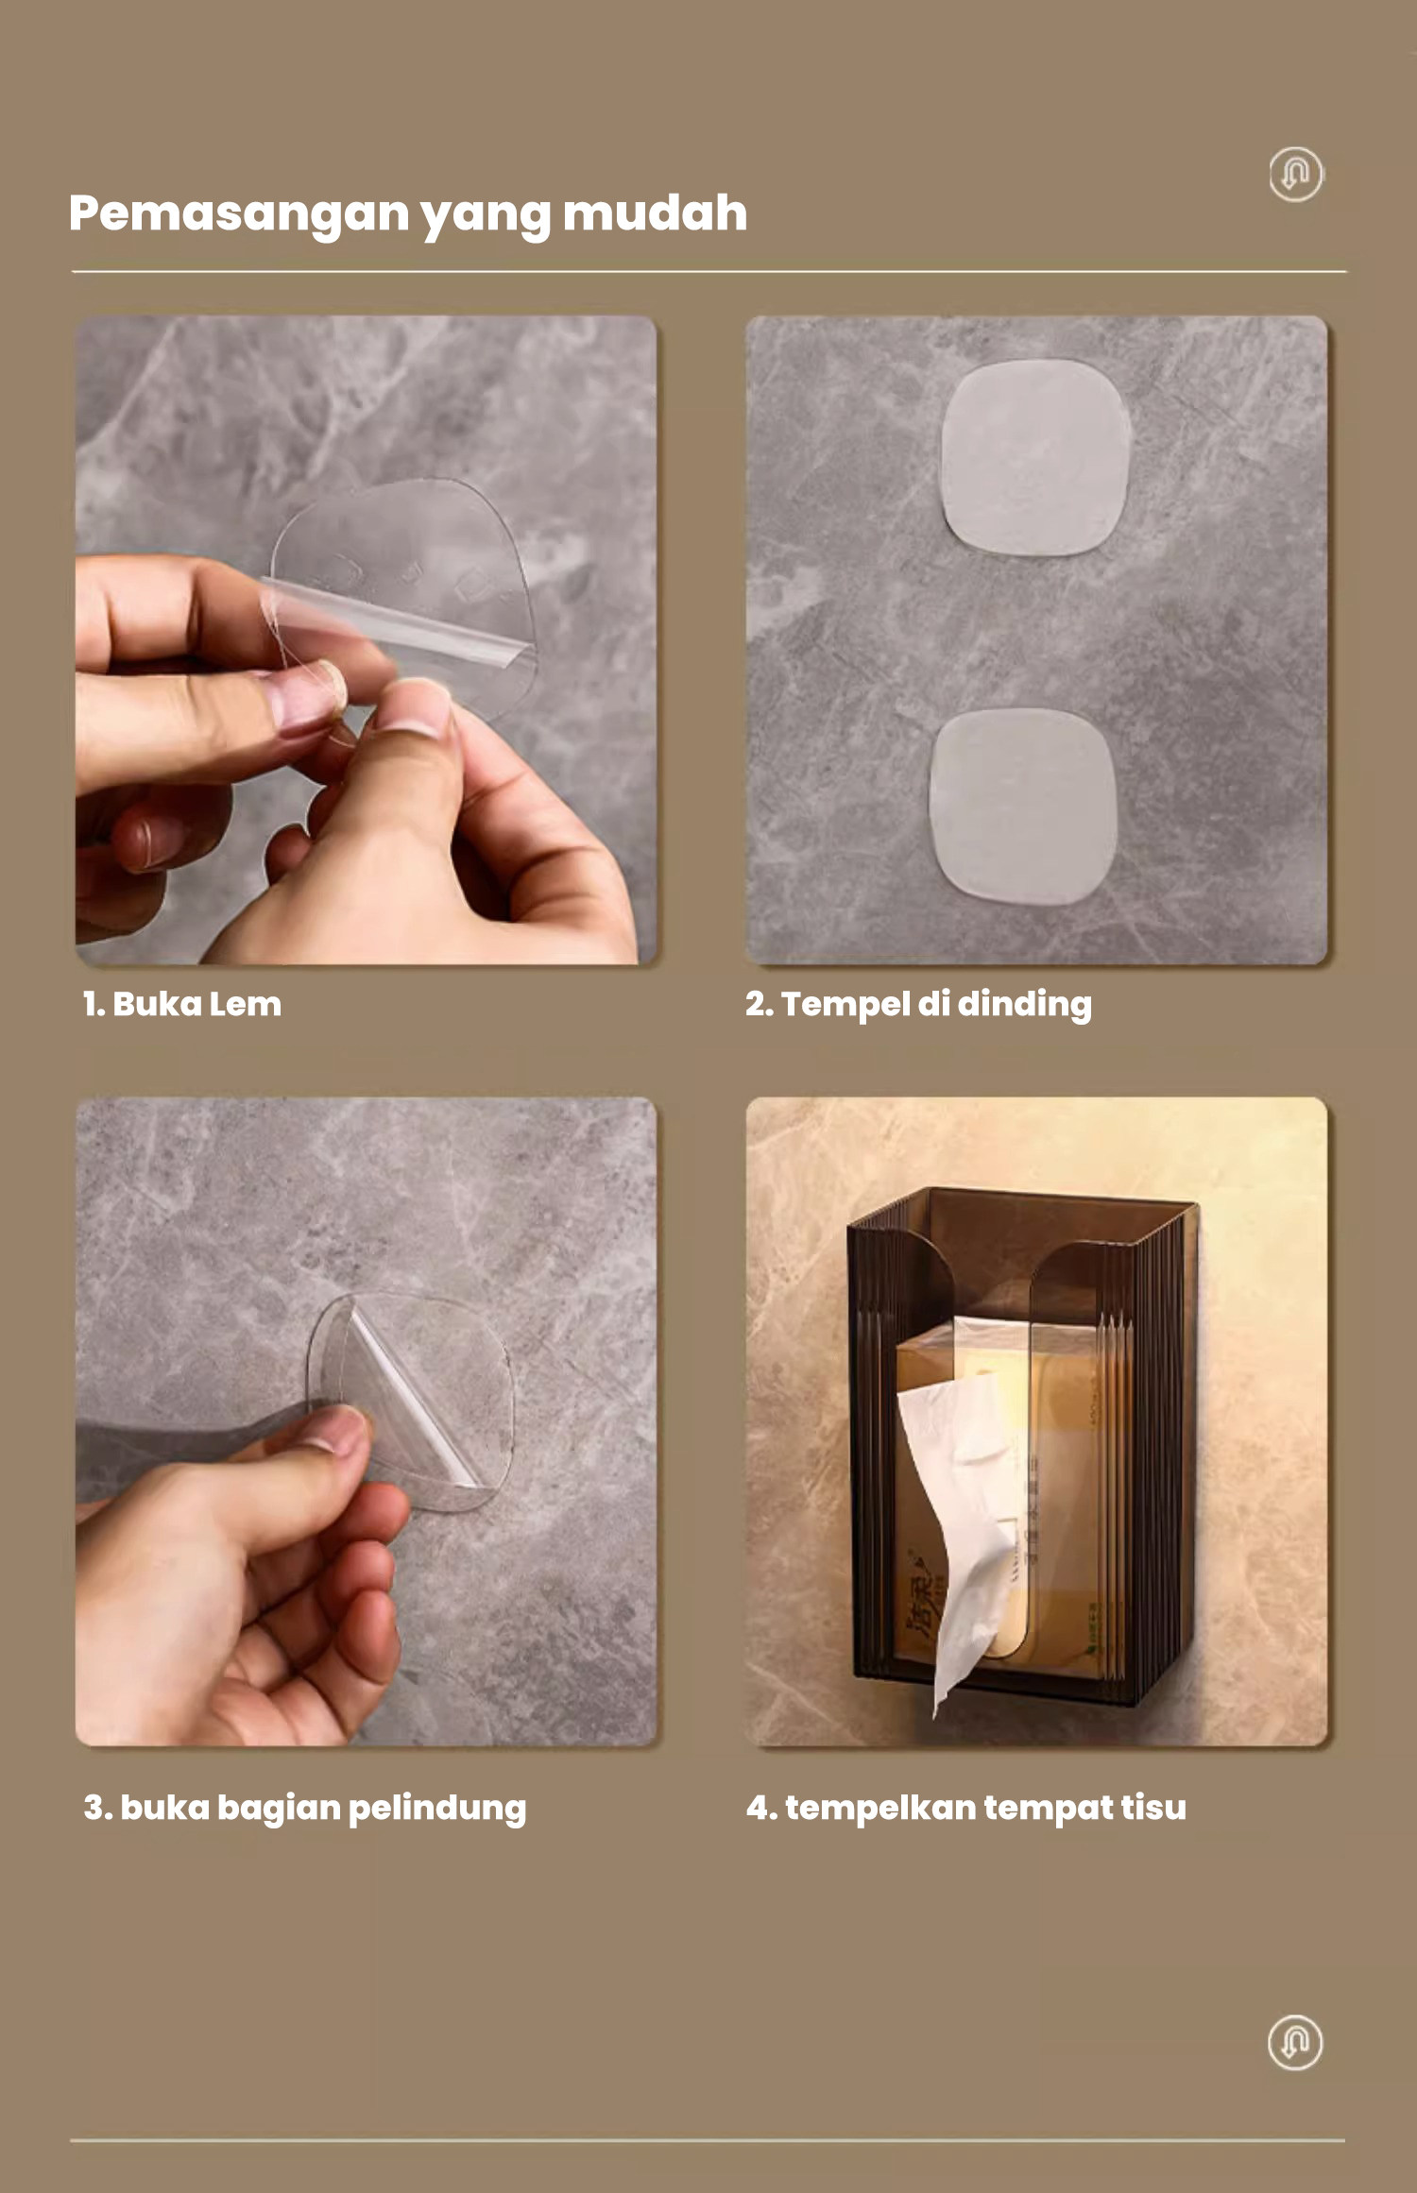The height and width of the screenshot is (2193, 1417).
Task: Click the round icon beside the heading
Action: point(1295,174)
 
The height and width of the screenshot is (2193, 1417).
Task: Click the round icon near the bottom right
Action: point(1294,2043)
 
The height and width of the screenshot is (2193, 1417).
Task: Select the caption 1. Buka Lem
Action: point(181,1004)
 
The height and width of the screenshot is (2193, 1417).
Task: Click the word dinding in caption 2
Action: point(1024,1005)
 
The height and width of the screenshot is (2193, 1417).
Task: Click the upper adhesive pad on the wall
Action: point(1035,457)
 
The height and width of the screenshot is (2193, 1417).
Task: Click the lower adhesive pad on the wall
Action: point(1023,806)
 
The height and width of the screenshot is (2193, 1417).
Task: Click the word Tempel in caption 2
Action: point(845,1005)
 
